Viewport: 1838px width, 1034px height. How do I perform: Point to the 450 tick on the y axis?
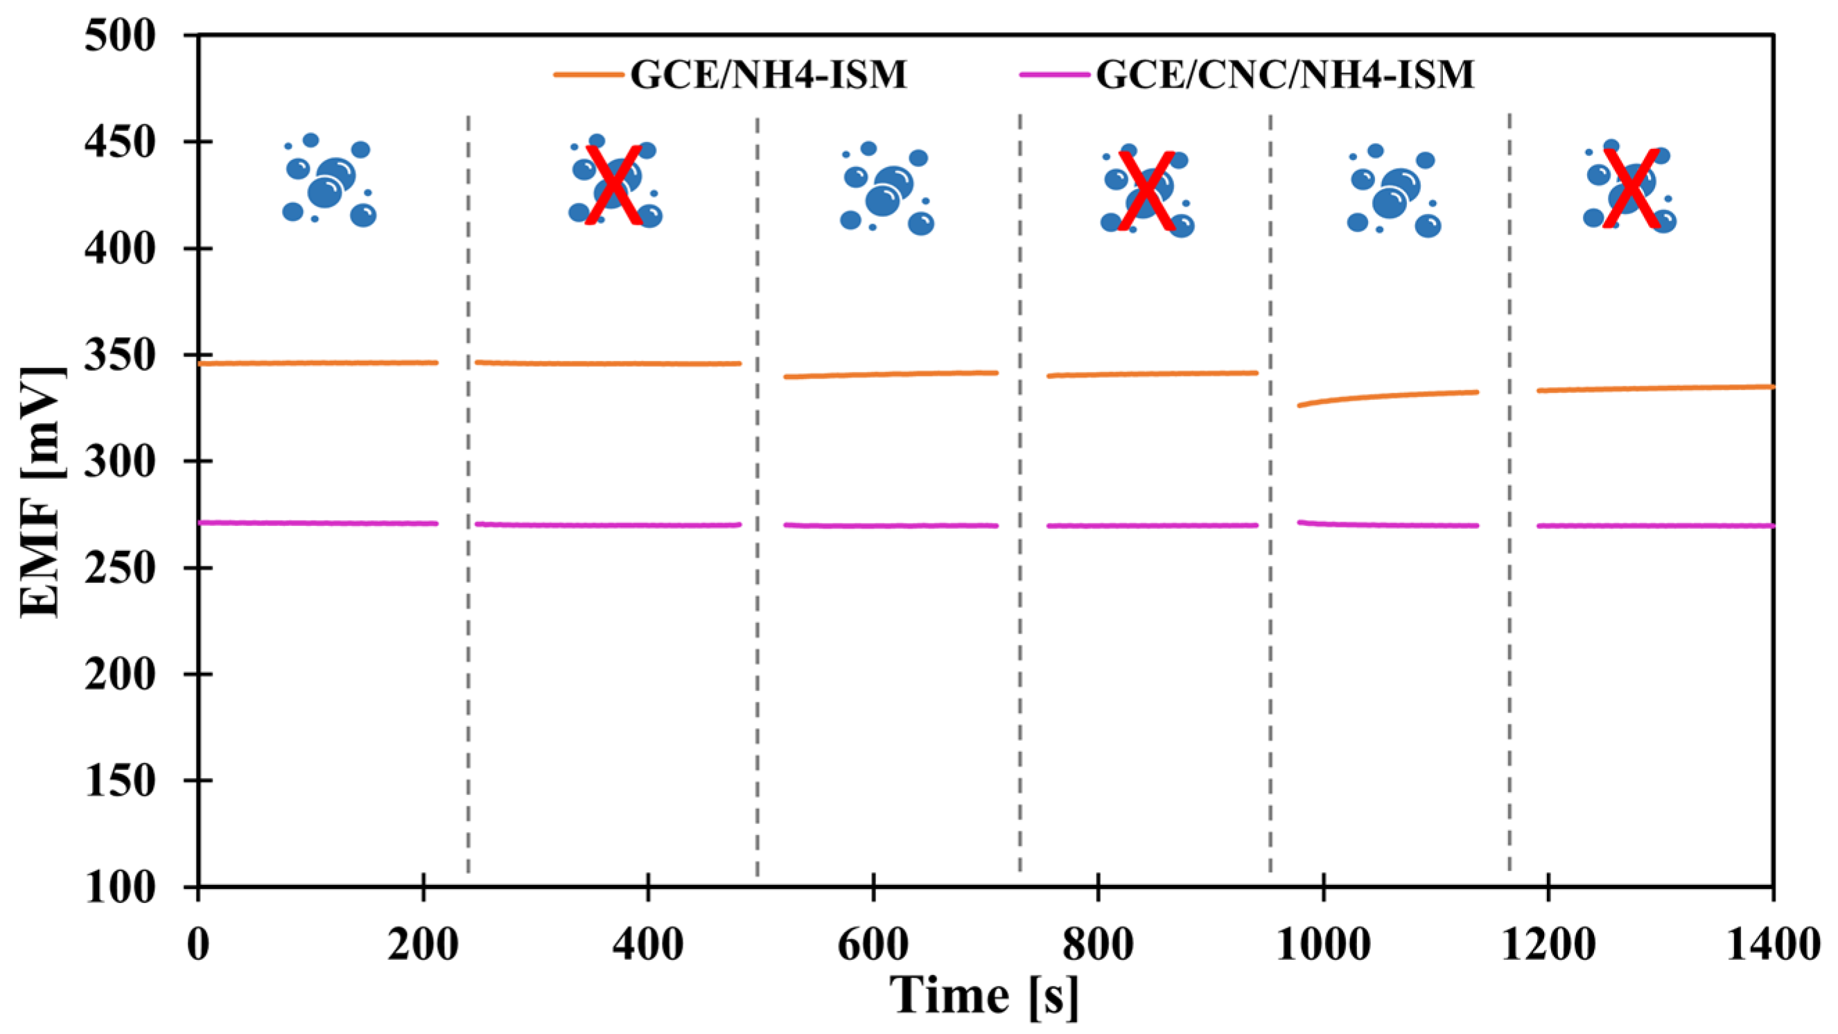119,142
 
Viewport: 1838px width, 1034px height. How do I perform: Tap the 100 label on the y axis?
119,887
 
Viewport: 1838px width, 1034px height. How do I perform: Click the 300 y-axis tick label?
119,462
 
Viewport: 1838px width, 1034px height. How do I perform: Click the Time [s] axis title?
985,996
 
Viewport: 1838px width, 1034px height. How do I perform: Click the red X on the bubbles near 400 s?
613,185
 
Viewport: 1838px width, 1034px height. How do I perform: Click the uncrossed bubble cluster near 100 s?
329,182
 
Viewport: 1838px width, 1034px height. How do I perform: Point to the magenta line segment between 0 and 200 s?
317,523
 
